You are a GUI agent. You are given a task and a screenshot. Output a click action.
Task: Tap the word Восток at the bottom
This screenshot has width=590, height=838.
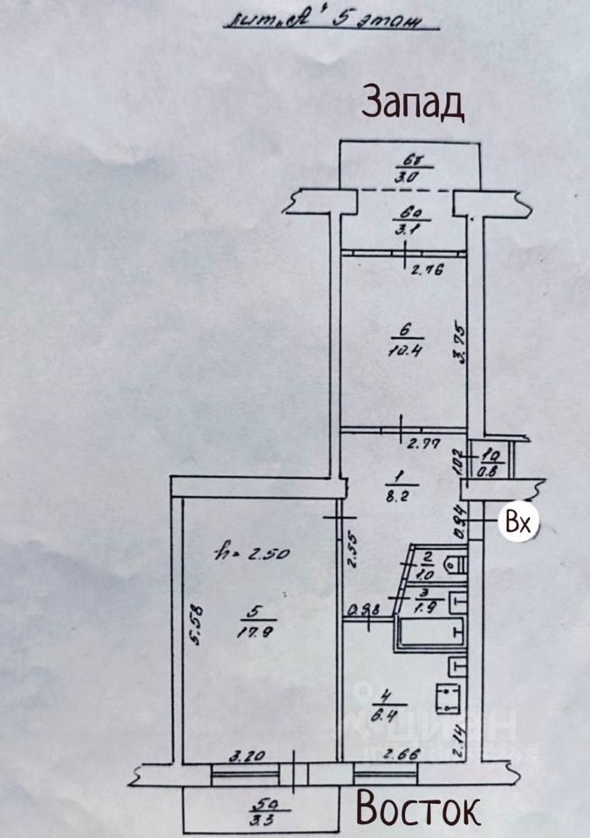[417, 808]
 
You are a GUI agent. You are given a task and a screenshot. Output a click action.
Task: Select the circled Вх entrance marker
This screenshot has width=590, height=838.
[519, 524]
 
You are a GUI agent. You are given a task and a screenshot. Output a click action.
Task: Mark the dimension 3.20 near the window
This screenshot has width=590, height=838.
[247, 758]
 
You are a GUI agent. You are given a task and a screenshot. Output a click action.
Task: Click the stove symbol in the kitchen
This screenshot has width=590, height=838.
[450, 699]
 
